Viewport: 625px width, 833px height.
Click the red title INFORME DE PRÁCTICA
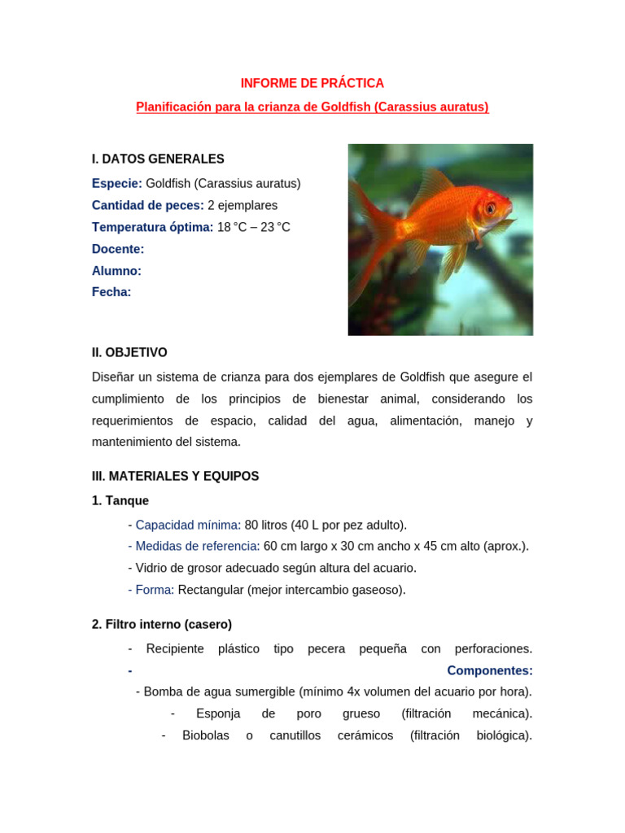[312, 83]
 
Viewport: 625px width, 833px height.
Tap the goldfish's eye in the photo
[490, 208]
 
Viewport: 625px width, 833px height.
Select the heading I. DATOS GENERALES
[158, 159]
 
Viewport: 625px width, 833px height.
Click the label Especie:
[117, 183]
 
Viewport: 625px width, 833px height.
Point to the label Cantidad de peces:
[148, 205]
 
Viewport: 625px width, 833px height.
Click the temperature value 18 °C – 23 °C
[253, 227]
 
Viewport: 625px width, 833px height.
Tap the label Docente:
[118, 249]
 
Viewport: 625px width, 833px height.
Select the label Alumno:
[116, 271]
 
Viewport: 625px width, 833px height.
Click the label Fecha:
[111, 292]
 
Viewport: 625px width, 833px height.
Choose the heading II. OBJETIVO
[129, 352]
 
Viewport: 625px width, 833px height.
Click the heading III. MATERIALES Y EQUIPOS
[175, 476]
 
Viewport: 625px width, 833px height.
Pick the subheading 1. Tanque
[120, 500]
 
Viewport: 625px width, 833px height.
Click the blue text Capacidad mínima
[186, 525]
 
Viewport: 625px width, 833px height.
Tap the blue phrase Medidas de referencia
[196, 546]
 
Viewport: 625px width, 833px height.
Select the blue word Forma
[153, 590]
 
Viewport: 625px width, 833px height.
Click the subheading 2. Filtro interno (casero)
[162, 624]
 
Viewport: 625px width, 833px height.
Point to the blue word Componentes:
[490, 670]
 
